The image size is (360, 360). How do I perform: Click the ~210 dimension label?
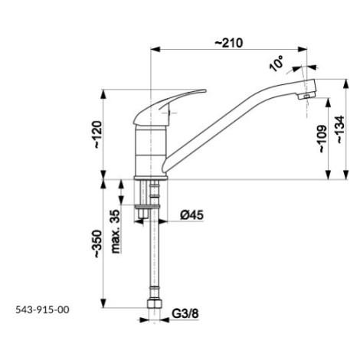(228, 43)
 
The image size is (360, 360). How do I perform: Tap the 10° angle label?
(277, 64)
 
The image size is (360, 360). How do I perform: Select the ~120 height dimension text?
(97, 135)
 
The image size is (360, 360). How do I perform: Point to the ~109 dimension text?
(322, 139)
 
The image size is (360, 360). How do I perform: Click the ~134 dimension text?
(340, 129)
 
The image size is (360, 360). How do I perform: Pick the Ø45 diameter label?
(192, 215)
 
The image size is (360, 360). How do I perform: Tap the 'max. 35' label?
(116, 231)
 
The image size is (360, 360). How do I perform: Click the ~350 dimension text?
(97, 244)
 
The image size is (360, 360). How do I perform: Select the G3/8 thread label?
(185, 313)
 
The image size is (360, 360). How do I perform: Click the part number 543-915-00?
(42, 309)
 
